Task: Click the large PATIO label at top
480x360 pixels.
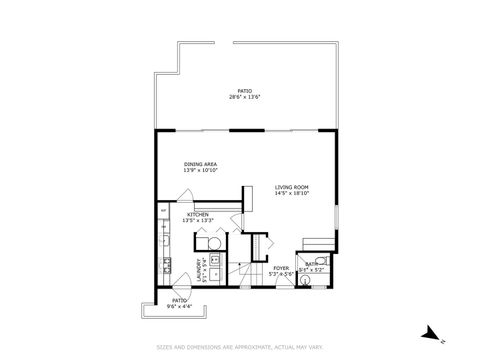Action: tap(244, 89)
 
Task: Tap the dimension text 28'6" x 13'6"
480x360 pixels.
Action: tap(244, 96)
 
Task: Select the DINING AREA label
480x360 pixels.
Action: tap(200, 164)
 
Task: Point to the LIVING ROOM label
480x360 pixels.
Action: tap(292, 186)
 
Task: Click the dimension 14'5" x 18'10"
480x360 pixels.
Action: tap(292, 193)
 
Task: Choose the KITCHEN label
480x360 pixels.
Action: tap(197, 215)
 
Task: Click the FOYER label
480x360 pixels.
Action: tap(281, 267)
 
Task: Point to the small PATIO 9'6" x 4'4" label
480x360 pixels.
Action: tap(178, 302)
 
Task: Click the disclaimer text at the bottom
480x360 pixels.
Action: tap(240, 346)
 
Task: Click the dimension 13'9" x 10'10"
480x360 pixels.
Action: tap(200, 171)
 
